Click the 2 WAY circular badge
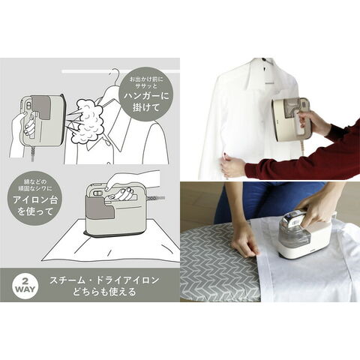[x=25, y=285]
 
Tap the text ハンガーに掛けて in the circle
[x=146, y=101]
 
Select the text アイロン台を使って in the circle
[x=35, y=205]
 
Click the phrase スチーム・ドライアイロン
[x=104, y=280]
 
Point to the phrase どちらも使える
[x=104, y=292]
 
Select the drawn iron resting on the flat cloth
[x=115, y=208]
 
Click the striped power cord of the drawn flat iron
[x=156, y=198]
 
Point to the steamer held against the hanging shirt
[x=290, y=118]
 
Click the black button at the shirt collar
[x=263, y=59]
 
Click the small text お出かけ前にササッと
[x=146, y=83]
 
